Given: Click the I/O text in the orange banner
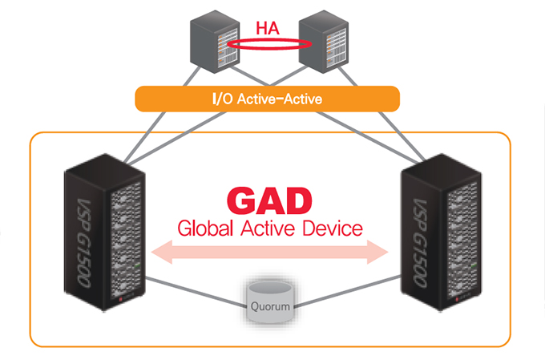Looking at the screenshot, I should pyautogui.click(x=220, y=99).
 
